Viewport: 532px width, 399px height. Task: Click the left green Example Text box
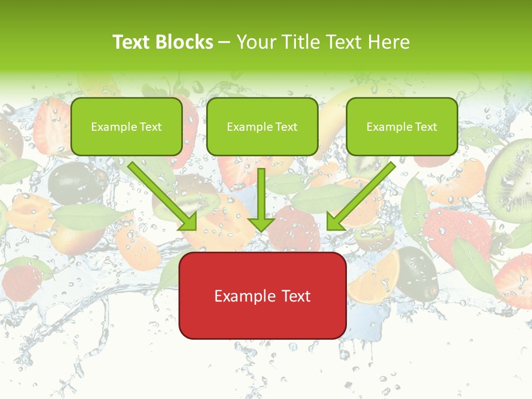pos(126,126)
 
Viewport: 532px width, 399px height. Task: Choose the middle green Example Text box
pos(262,126)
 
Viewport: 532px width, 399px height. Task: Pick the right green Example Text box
pos(402,126)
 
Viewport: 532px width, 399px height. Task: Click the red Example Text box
pos(262,295)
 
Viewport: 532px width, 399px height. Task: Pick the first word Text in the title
pos(132,42)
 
